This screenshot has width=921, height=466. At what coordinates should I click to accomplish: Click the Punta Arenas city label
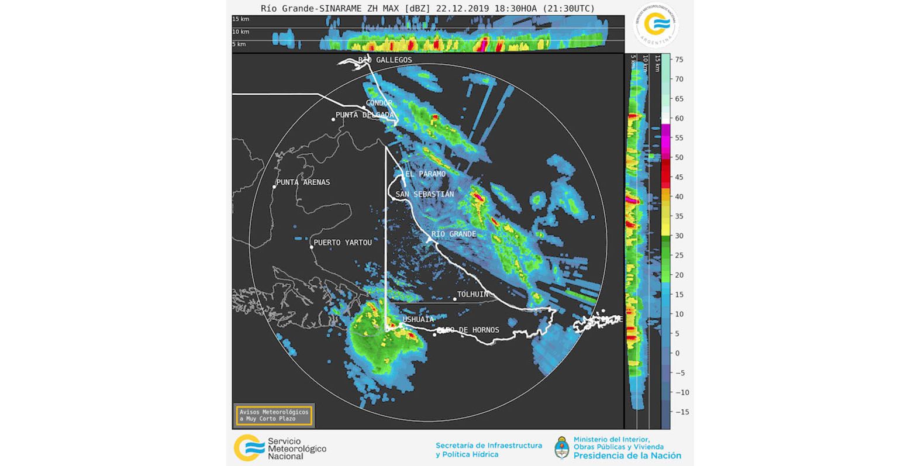(x=303, y=182)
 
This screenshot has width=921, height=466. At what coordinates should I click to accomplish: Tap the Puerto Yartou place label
(x=343, y=243)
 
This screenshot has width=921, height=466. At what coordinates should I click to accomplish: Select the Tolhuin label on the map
(x=472, y=295)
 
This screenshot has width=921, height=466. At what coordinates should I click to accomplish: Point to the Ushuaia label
(x=418, y=319)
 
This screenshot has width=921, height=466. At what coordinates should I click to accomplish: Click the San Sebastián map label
(x=425, y=194)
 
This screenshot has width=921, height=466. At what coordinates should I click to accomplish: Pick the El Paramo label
(x=425, y=174)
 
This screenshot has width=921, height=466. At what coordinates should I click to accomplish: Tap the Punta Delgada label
(x=365, y=115)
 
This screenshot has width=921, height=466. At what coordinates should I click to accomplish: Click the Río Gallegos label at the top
(x=385, y=60)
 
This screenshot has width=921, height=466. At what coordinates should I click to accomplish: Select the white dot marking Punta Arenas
(x=274, y=187)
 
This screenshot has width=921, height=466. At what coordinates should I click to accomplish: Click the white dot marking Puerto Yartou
(x=312, y=247)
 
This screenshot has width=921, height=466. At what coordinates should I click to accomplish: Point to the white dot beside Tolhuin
(x=455, y=299)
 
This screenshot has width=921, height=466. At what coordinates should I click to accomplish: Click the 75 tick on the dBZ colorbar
(x=679, y=60)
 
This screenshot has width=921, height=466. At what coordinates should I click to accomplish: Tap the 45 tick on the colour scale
(x=679, y=177)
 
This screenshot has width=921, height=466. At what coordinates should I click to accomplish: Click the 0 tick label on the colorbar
(x=677, y=353)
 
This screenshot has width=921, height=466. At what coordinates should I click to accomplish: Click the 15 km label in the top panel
(x=240, y=19)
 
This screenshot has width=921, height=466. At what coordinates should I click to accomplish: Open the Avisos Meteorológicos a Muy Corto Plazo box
(x=274, y=416)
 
